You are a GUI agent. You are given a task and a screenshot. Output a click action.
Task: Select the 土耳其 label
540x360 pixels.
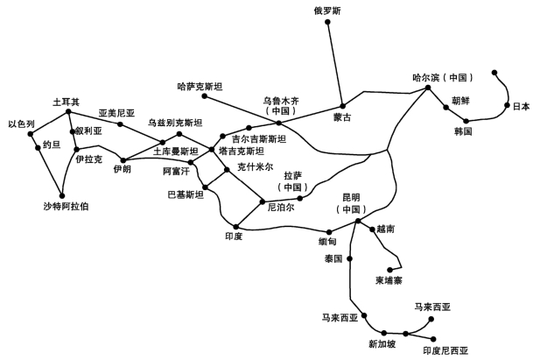[66, 102]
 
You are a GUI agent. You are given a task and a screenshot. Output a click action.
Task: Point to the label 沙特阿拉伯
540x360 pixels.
[66, 207]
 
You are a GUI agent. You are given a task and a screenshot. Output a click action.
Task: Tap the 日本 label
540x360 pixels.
[521, 107]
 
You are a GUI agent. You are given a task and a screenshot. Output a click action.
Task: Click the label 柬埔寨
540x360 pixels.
[389, 280]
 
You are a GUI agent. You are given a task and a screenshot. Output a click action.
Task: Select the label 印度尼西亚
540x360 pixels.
[445, 349]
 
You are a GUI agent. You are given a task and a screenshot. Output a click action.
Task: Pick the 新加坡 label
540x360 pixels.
[382, 343]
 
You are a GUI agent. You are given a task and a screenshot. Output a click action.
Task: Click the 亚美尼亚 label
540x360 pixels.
[116, 113]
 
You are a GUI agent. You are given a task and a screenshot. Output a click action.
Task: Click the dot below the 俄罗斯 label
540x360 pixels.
[327, 22]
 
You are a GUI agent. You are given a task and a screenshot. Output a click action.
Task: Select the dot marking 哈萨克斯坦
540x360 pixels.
[204, 95]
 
